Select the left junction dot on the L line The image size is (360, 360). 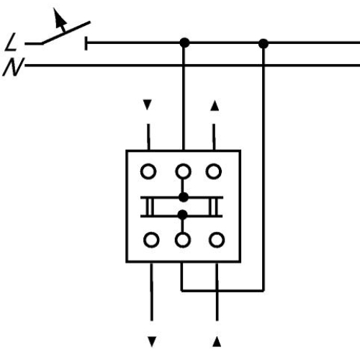click(x=184, y=44)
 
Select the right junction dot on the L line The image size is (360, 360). click(x=263, y=44)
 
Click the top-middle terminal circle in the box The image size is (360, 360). click(x=184, y=171)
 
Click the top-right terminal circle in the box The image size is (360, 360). click(x=214, y=171)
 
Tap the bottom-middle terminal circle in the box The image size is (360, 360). click(x=184, y=239)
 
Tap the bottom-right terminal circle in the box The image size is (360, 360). click(x=215, y=239)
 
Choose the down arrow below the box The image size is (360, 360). click(x=152, y=338)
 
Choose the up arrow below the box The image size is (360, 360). click(x=217, y=338)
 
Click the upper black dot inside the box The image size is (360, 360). click(x=184, y=197)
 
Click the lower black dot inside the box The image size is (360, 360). click(x=184, y=214)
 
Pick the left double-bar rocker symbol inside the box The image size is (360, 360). click(x=148, y=205)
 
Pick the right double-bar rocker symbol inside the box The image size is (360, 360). click(x=213, y=205)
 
